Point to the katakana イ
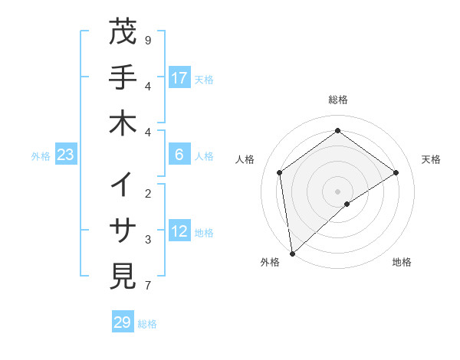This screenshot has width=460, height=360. coord(123,185)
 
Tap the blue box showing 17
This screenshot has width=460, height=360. coord(179,77)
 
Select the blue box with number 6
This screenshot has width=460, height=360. coord(179,155)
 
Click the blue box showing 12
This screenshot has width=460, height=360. coord(179,231)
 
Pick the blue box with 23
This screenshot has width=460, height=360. coord(66,155)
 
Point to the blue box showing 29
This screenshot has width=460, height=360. coord(123,322)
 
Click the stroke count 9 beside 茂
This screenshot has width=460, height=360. coord(147,39)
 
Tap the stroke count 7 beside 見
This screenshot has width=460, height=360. coord(147,286)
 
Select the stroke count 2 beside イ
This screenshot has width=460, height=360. coord(147,193)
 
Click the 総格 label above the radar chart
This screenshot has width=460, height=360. coord(337,100)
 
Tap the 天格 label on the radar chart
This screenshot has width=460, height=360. coord(431,159)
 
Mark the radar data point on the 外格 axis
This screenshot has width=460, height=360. coord(291,253)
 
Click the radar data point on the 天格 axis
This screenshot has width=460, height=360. coord(396,172)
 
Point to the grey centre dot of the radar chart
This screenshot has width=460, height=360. coord(337,191)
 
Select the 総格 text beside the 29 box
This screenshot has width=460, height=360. coord(147,324)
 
